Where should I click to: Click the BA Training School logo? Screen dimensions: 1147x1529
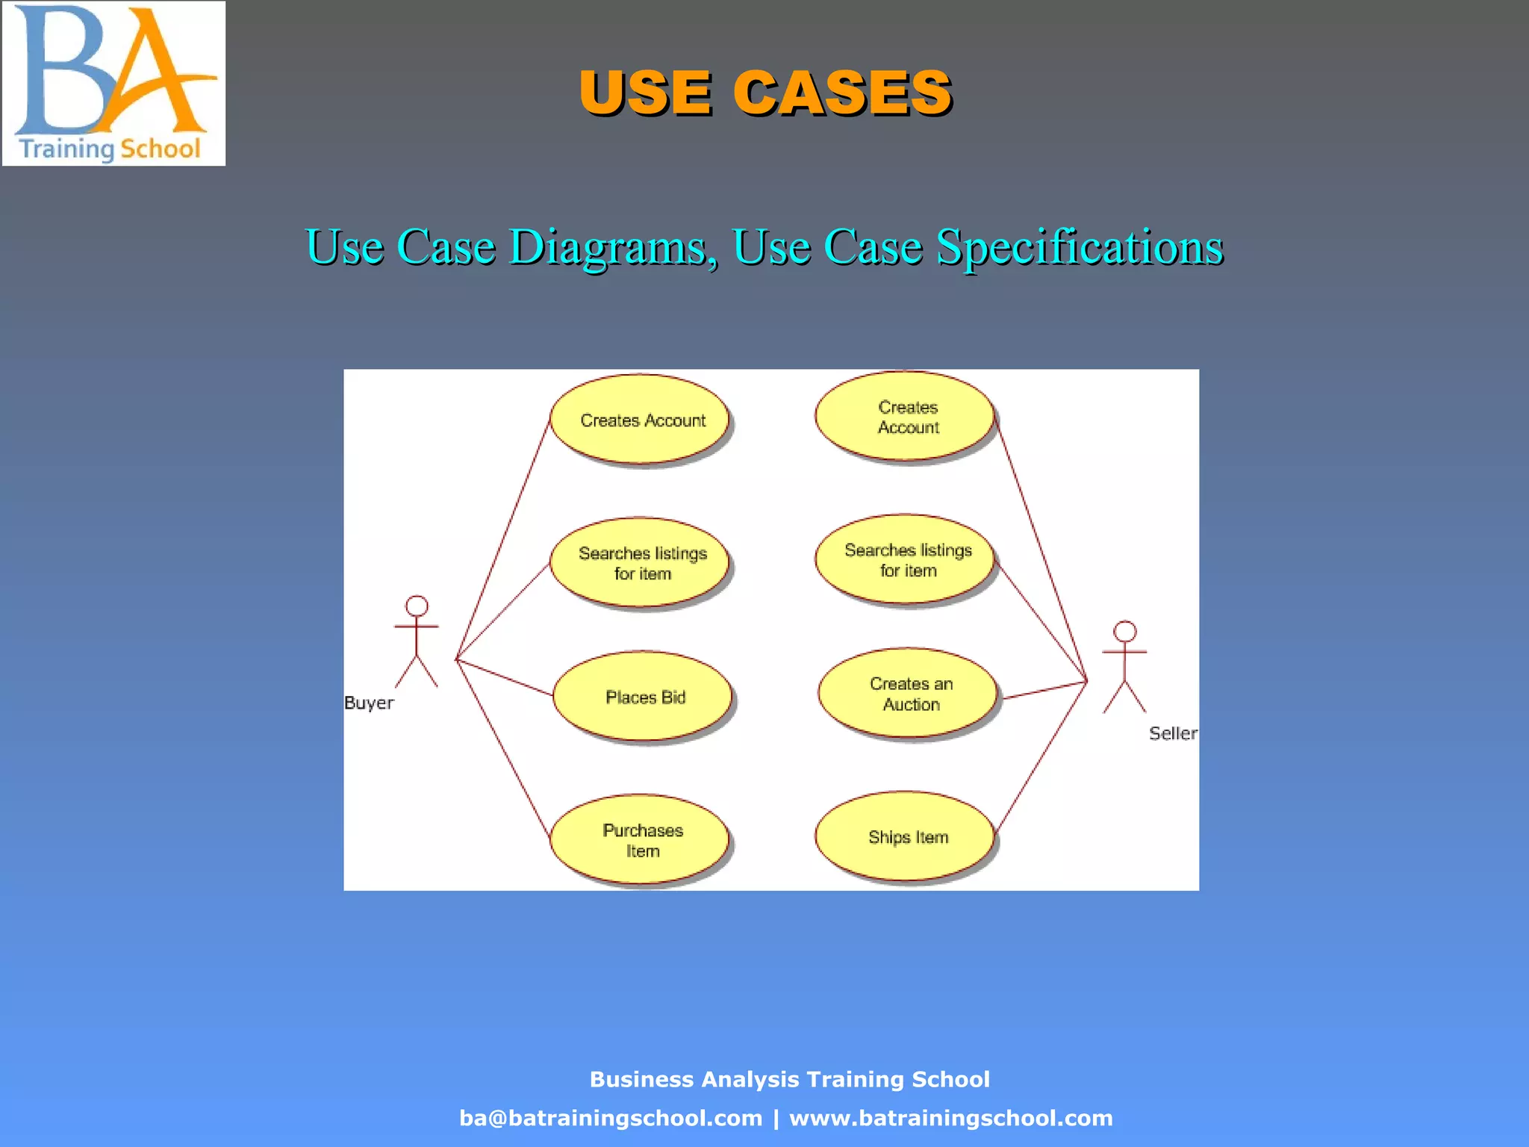coord(113,84)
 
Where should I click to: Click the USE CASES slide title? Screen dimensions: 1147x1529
coord(764,93)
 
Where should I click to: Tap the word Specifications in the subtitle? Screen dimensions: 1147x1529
coord(1080,247)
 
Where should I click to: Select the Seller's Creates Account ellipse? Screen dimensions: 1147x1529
coord(906,417)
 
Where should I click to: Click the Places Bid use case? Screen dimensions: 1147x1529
coord(644,697)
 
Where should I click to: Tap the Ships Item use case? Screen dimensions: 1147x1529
coord(906,837)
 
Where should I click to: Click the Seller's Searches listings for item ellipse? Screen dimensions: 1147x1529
coord(906,560)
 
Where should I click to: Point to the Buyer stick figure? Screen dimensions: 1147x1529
coord(416,642)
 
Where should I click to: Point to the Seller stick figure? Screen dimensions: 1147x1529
coord(1124,667)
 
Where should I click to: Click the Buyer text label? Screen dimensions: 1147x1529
coord(369,703)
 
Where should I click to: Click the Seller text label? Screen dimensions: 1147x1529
coord(1172,734)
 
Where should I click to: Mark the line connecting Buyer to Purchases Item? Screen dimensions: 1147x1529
coord(503,747)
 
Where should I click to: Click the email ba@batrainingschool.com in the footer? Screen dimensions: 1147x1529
coord(611,1118)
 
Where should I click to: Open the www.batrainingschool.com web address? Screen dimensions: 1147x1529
coord(950,1118)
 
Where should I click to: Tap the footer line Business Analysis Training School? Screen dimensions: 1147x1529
coord(789,1079)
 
